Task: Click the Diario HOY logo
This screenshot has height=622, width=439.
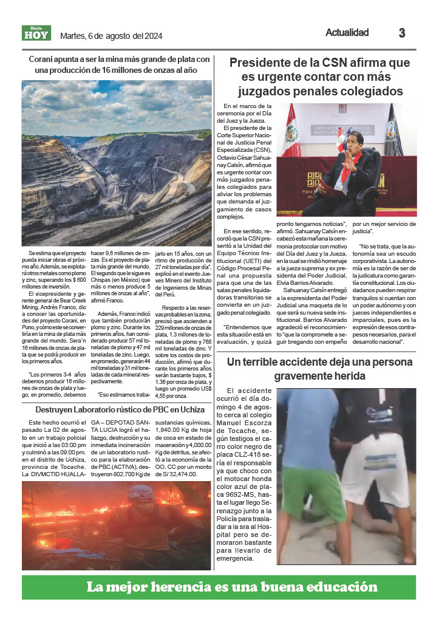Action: click(x=36, y=33)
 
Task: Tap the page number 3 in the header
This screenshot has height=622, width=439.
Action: click(x=402, y=33)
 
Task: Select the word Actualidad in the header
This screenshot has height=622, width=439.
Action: click(x=347, y=33)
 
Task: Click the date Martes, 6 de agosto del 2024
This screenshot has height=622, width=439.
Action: click(x=111, y=36)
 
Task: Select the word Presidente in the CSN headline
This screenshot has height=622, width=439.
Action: click(x=262, y=63)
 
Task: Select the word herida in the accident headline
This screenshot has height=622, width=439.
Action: click(x=362, y=376)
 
